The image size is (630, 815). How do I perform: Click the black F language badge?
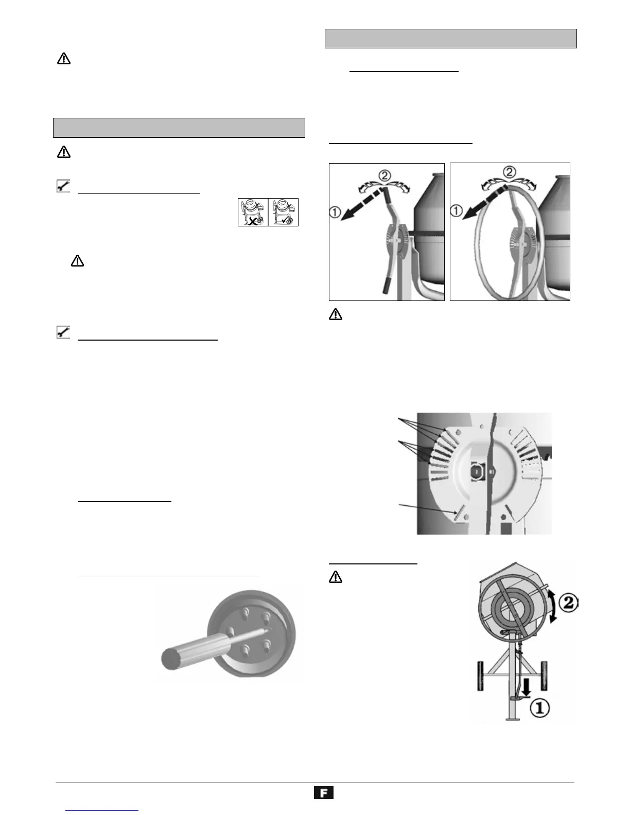[324, 793]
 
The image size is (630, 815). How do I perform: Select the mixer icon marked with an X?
[253, 211]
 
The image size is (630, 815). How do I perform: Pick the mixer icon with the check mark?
[284, 211]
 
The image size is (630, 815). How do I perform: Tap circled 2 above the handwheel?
[509, 171]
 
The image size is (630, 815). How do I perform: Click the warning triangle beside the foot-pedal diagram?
[335, 578]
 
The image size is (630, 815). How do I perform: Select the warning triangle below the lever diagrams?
[335, 315]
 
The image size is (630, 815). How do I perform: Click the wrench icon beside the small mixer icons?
[62, 186]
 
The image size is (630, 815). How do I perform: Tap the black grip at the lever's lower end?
[384, 285]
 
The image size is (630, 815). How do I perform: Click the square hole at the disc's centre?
[477, 470]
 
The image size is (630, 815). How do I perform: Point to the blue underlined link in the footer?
[102, 810]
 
